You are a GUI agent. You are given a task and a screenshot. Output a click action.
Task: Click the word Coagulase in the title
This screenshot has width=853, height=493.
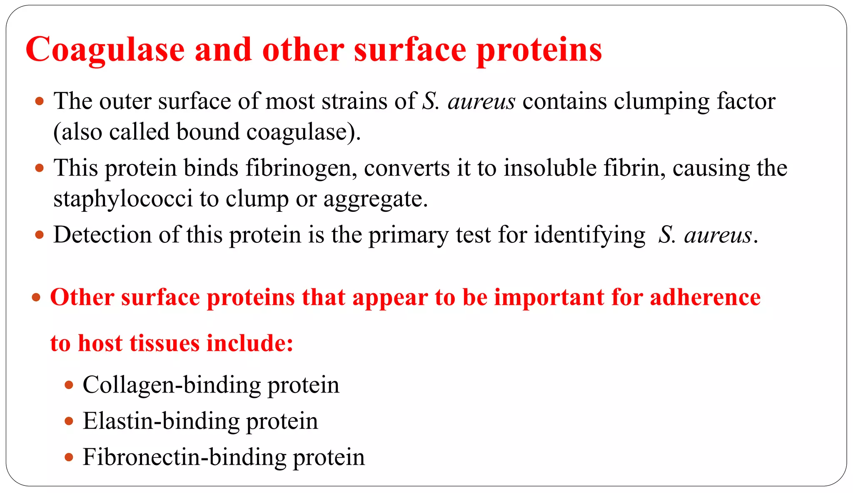point(105,50)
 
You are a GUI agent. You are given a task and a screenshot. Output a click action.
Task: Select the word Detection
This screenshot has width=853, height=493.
point(102,235)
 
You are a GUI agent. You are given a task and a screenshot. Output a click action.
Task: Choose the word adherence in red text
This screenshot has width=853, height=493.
point(705,298)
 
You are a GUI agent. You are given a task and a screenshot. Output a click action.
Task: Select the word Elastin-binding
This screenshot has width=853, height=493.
point(161,421)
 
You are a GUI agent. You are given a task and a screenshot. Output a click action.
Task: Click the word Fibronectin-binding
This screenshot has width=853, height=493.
point(184,458)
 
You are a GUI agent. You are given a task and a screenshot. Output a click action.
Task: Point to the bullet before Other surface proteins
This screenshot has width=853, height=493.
point(36,298)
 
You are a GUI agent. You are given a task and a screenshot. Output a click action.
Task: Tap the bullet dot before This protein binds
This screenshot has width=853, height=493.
point(40,169)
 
